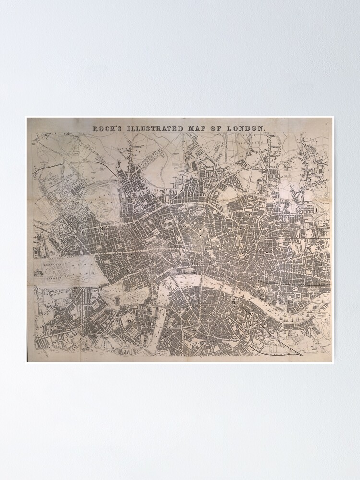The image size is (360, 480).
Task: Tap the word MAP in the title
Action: coord(197,129)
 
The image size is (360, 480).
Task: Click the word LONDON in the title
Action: coord(245,129)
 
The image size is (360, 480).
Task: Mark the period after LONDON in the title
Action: coord(264,130)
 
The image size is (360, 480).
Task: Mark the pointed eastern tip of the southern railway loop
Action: coord(302,355)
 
